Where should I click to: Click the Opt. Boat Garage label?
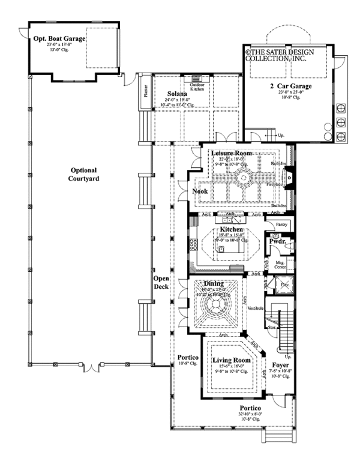pyautogui.click(x=59, y=38)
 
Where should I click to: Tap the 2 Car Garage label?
pyautogui.click(x=290, y=86)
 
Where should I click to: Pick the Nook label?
pyautogui.click(x=199, y=191)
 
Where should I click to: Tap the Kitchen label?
pyautogui.click(x=231, y=230)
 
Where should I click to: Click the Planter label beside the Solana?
pyautogui.click(x=145, y=89)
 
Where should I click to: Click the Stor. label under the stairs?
pyautogui.click(x=271, y=328)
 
